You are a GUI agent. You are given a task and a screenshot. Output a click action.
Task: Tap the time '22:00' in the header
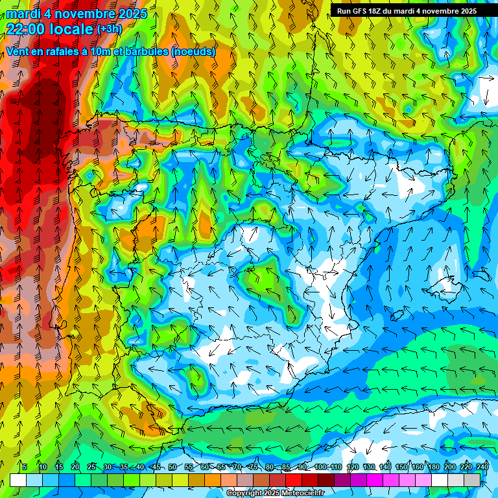tap(24, 29)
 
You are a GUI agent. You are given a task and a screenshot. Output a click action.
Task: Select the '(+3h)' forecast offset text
tap(109, 29)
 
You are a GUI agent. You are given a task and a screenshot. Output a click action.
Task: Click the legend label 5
tap(25, 468)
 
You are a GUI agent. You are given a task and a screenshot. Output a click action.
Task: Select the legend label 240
tap(482, 468)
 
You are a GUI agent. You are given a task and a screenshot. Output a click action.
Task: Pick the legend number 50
tap(172, 468)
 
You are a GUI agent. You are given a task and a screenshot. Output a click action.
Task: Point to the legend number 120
tap(353, 468)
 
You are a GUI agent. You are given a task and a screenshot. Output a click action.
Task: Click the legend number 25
tap(91, 468)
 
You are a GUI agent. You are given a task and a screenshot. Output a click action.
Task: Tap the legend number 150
tap(401, 468)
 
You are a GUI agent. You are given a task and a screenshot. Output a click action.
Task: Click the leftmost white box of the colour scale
tap(18, 480)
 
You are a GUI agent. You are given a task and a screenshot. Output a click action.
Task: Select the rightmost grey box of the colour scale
tap(472, 480)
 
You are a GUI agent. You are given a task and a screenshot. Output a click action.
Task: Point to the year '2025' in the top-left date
tap(132, 14)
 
